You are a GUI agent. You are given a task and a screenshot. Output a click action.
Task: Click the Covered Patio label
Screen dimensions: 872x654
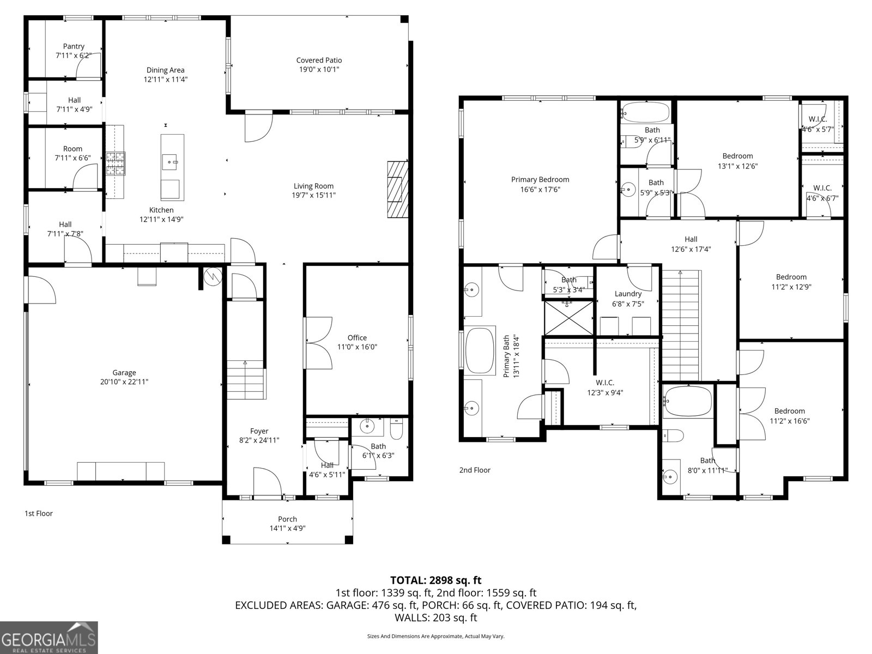tap(319, 60)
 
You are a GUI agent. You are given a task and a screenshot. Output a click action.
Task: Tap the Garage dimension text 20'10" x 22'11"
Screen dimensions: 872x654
tap(124, 382)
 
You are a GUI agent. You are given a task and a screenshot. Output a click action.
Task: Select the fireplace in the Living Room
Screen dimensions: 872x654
tap(398, 190)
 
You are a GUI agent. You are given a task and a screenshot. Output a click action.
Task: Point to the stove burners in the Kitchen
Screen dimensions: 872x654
tap(116, 163)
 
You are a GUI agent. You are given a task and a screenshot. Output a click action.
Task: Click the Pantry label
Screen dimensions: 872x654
tap(74, 46)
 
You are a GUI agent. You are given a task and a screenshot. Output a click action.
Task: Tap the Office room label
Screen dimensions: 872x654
tap(357, 338)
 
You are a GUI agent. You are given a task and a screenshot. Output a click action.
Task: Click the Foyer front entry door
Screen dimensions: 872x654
tap(268, 482)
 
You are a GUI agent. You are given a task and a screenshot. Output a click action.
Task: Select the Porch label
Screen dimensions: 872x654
tap(288, 519)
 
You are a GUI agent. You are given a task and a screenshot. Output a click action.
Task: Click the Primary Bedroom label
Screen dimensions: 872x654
tap(540, 180)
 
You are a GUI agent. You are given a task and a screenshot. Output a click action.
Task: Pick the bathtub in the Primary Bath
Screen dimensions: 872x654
tap(480, 350)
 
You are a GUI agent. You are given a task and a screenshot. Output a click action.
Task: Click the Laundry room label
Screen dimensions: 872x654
tap(628, 294)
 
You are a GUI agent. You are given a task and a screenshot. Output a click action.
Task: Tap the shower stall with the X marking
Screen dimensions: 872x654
tap(569, 318)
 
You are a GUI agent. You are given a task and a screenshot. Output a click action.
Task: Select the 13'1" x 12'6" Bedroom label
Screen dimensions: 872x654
tap(738, 156)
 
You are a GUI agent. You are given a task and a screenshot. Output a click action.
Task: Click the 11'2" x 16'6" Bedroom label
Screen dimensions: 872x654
tap(790, 411)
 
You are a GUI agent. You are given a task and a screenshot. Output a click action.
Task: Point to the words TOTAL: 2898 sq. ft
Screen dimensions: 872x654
tap(436, 580)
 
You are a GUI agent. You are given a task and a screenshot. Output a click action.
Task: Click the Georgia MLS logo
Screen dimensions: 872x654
tap(49, 638)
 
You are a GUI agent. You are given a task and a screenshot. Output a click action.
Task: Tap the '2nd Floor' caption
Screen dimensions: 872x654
tap(475, 470)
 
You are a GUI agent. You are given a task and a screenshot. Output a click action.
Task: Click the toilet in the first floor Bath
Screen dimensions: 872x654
tap(396, 429)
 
